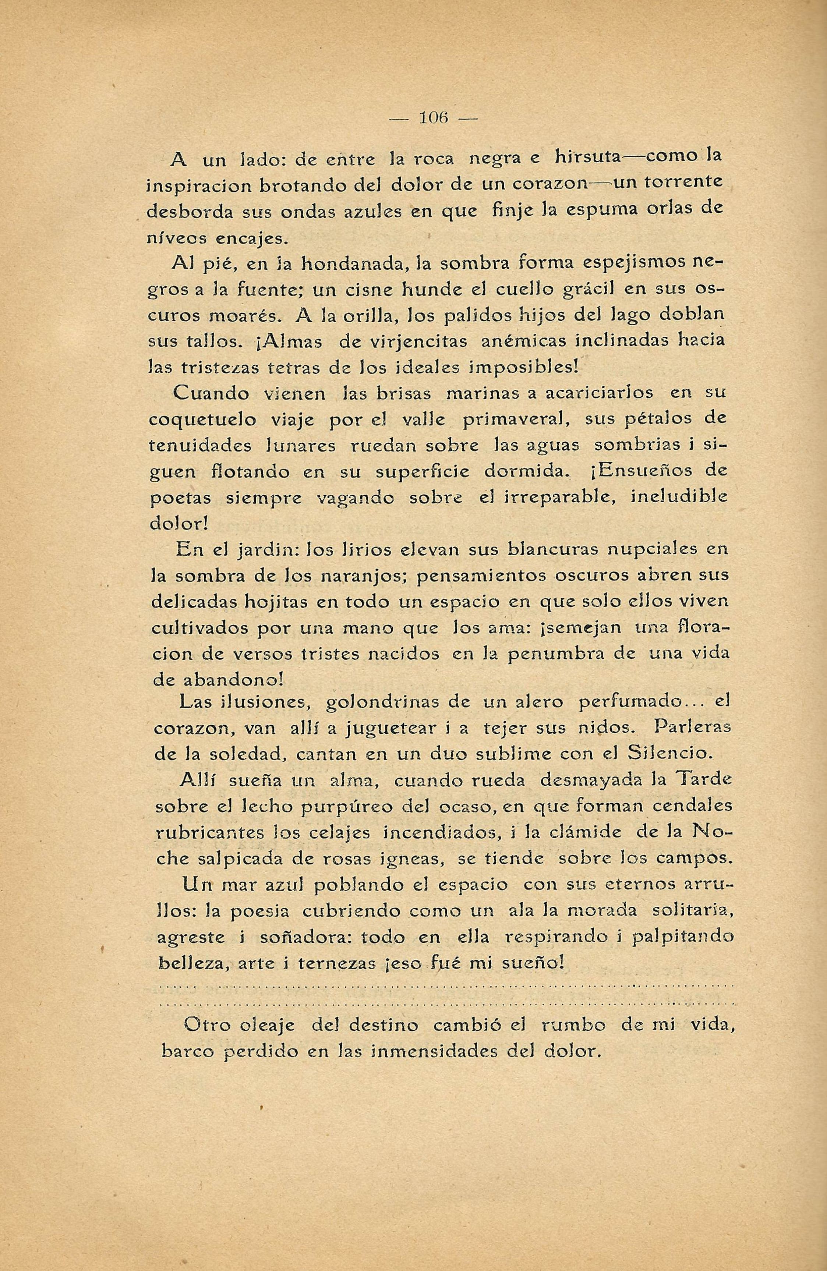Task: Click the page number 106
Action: (x=433, y=117)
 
